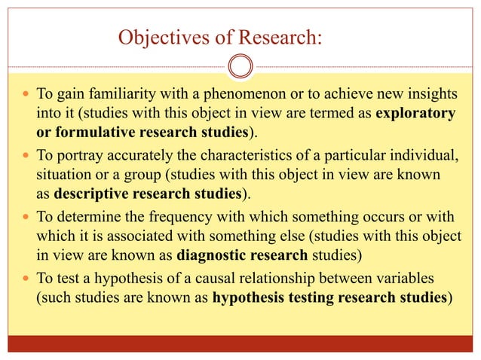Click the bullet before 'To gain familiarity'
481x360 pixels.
coord(28,97)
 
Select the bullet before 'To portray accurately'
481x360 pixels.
coord(28,155)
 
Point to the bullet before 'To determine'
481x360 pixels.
coord(28,214)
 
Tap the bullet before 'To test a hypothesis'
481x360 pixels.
coord(28,273)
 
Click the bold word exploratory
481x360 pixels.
coord(415,114)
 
